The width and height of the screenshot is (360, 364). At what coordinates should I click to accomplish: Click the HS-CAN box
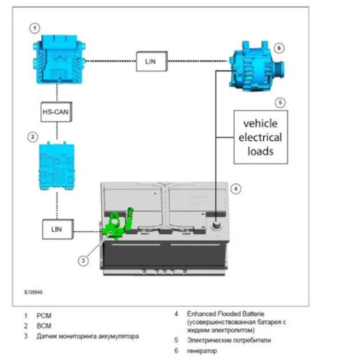[x=56, y=112]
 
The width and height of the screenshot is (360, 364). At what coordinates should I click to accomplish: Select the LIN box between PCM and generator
[x=151, y=62]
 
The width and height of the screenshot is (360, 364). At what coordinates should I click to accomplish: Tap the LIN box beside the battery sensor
[x=58, y=229]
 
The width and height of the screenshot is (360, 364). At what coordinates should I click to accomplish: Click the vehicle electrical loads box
[x=261, y=137]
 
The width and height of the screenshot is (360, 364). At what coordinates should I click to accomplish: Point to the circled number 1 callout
[x=34, y=28]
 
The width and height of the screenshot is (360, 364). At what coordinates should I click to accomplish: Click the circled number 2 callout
[x=32, y=137]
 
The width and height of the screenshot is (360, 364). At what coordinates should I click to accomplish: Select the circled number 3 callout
[x=83, y=261]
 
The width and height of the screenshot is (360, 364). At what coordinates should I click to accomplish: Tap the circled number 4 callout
[x=235, y=189]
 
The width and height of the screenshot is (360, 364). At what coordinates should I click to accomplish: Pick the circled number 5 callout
[x=280, y=103]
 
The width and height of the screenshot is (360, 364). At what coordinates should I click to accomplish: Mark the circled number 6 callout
[x=279, y=48]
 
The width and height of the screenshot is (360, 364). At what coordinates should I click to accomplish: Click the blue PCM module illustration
[x=59, y=59]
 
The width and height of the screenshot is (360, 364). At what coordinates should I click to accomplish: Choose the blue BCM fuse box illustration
[x=57, y=166]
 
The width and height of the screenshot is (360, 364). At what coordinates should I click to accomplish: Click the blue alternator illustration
[x=256, y=66]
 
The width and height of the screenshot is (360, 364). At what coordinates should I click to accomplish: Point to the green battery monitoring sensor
[x=118, y=224]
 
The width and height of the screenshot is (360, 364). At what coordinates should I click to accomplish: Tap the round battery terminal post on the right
[x=215, y=226]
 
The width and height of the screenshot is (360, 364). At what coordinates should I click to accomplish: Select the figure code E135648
[x=33, y=292]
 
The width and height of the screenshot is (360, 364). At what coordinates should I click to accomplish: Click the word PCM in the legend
[x=44, y=316]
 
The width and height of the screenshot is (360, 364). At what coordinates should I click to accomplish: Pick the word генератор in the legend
[x=202, y=350]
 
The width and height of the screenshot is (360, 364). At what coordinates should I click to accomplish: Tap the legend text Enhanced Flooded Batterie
[x=226, y=314]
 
